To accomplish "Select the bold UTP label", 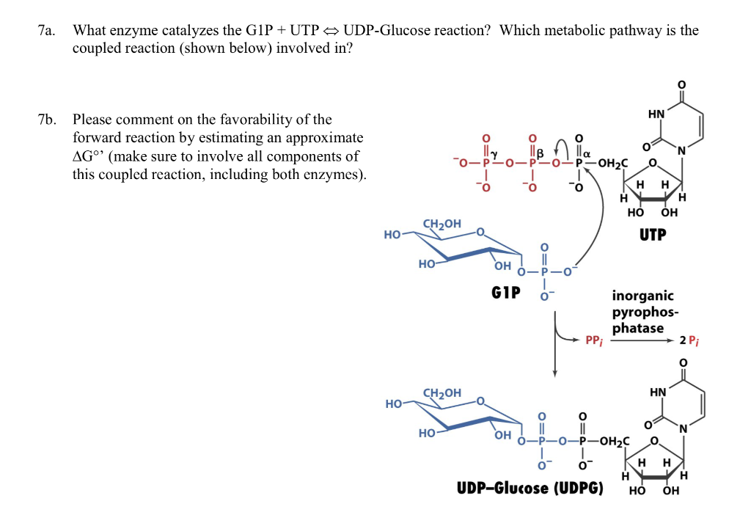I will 652,234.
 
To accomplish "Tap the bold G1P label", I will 506,293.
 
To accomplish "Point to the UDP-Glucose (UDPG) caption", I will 530,488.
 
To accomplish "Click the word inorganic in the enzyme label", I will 642,296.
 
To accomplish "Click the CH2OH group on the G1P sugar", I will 442,223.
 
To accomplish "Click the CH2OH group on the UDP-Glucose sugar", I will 442,393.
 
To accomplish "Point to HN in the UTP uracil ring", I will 656,114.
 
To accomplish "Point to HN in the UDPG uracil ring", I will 658,392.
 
